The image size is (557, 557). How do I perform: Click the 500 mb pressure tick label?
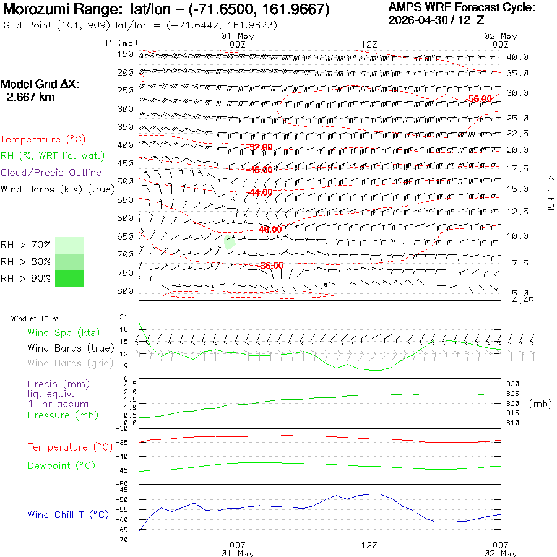(x=125, y=181)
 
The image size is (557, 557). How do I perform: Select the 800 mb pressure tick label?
(x=125, y=291)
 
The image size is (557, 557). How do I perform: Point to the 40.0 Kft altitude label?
(x=517, y=57)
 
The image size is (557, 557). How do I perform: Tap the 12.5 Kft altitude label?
(x=517, y=212)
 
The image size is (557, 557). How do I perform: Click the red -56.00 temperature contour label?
(x=480, y=99)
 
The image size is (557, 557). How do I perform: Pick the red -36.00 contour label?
(x=272, y=266)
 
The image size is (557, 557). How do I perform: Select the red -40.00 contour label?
(x=270, y=230)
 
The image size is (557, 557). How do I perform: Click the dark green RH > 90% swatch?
(x=69, y=278)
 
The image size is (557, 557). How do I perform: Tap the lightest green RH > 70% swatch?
(x=69, y=245)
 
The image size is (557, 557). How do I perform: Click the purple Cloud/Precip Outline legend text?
(x=51, y=173)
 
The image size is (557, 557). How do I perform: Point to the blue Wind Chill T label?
(x=68, y=515)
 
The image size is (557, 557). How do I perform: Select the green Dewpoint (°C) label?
(x=61, y=465)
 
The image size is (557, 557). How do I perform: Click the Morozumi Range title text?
(x=62, y=9)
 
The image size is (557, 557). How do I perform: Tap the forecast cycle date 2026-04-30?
(x=418, y=20)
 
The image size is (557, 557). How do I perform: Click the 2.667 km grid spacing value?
(x=30, y=97)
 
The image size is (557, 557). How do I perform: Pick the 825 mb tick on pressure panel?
(x=512, y=394)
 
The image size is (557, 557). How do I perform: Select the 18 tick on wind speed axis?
(x=124, y=329)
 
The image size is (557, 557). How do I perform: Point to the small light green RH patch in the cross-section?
(x=230, y=242)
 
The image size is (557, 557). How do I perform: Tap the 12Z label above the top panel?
(x=369, y=45)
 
